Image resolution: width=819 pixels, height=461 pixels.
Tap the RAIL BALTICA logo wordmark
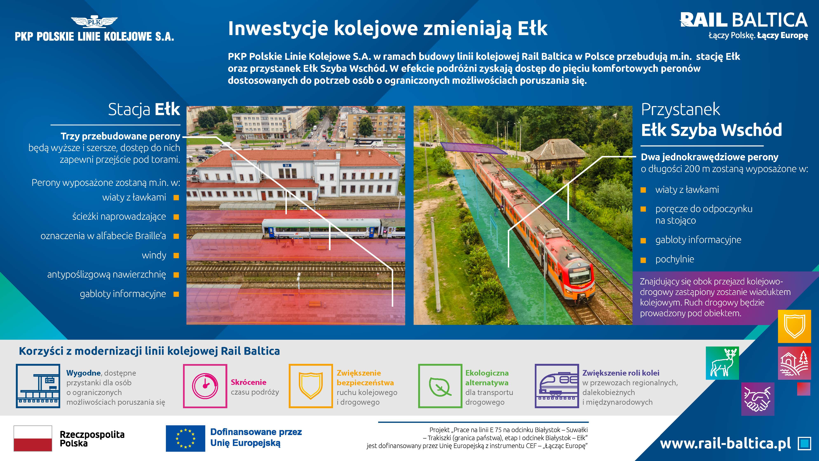pos(744,20)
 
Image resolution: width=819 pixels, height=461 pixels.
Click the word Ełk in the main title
pos(533,28)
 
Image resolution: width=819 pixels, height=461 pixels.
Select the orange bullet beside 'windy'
pos(176,256)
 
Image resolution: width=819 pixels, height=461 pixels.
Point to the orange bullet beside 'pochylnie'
pos(643,260)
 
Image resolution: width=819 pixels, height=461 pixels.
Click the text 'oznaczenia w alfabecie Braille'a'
pos(103,236)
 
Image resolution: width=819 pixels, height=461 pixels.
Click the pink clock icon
pos(205,386)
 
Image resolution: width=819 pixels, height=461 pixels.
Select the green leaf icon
pos(440,386)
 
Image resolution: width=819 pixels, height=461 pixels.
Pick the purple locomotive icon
pos(557,386)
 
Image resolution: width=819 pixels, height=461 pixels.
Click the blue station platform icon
pos(38,386)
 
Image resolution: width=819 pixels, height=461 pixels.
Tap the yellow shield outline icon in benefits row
pos(311,386)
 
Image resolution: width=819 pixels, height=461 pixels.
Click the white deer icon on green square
pos(722,363)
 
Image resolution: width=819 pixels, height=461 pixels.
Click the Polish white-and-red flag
pos(33,438)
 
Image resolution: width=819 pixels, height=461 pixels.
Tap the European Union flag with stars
pos(185,438)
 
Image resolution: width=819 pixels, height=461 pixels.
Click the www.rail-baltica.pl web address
pos(725,443)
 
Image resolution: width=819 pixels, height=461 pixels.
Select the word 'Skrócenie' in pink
pos(249,382)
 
